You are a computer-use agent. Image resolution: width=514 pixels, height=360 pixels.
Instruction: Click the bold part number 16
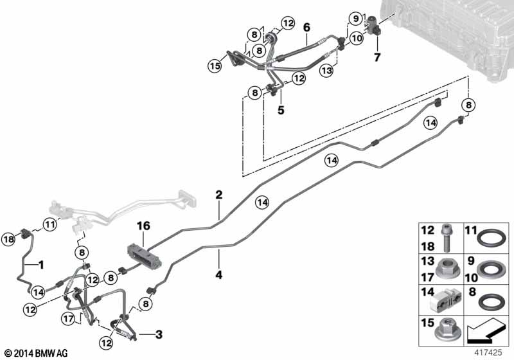(x=143, y=226)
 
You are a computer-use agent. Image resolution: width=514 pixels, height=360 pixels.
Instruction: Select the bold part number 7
(x=377, y=57)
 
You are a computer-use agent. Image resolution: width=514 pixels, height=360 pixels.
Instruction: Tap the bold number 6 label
(x=306, y=28)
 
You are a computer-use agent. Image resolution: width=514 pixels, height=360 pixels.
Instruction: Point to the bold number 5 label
(x=281, y=110)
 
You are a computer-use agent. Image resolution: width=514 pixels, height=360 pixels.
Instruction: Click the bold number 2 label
(x=218, y=195)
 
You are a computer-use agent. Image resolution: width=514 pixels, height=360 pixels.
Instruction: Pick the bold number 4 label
(x=218, y=274)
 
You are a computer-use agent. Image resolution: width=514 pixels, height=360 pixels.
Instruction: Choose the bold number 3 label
(x=159, y=335)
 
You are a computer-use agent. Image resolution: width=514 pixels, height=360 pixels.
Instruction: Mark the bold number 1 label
(x=41, y=265)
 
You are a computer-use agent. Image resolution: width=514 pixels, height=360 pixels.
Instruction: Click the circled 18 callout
(x=8, y=239)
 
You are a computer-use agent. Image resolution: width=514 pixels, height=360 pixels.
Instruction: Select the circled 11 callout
(x=49, y=225)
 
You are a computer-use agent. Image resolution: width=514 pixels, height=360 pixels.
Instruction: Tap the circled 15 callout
(x=215, y=66)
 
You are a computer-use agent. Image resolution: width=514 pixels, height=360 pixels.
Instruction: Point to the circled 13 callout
(x=327, y=71)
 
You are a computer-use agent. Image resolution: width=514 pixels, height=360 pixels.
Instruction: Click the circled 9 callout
(x=356, y=19)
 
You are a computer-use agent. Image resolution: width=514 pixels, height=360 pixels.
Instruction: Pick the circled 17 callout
(x=69, y=319)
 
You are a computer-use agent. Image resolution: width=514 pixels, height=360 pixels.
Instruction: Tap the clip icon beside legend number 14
(x=445, y=301)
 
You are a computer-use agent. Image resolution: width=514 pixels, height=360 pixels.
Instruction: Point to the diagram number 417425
(x=488, y=352)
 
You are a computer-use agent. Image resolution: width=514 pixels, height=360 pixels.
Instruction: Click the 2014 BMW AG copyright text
(x=37, y=353)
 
